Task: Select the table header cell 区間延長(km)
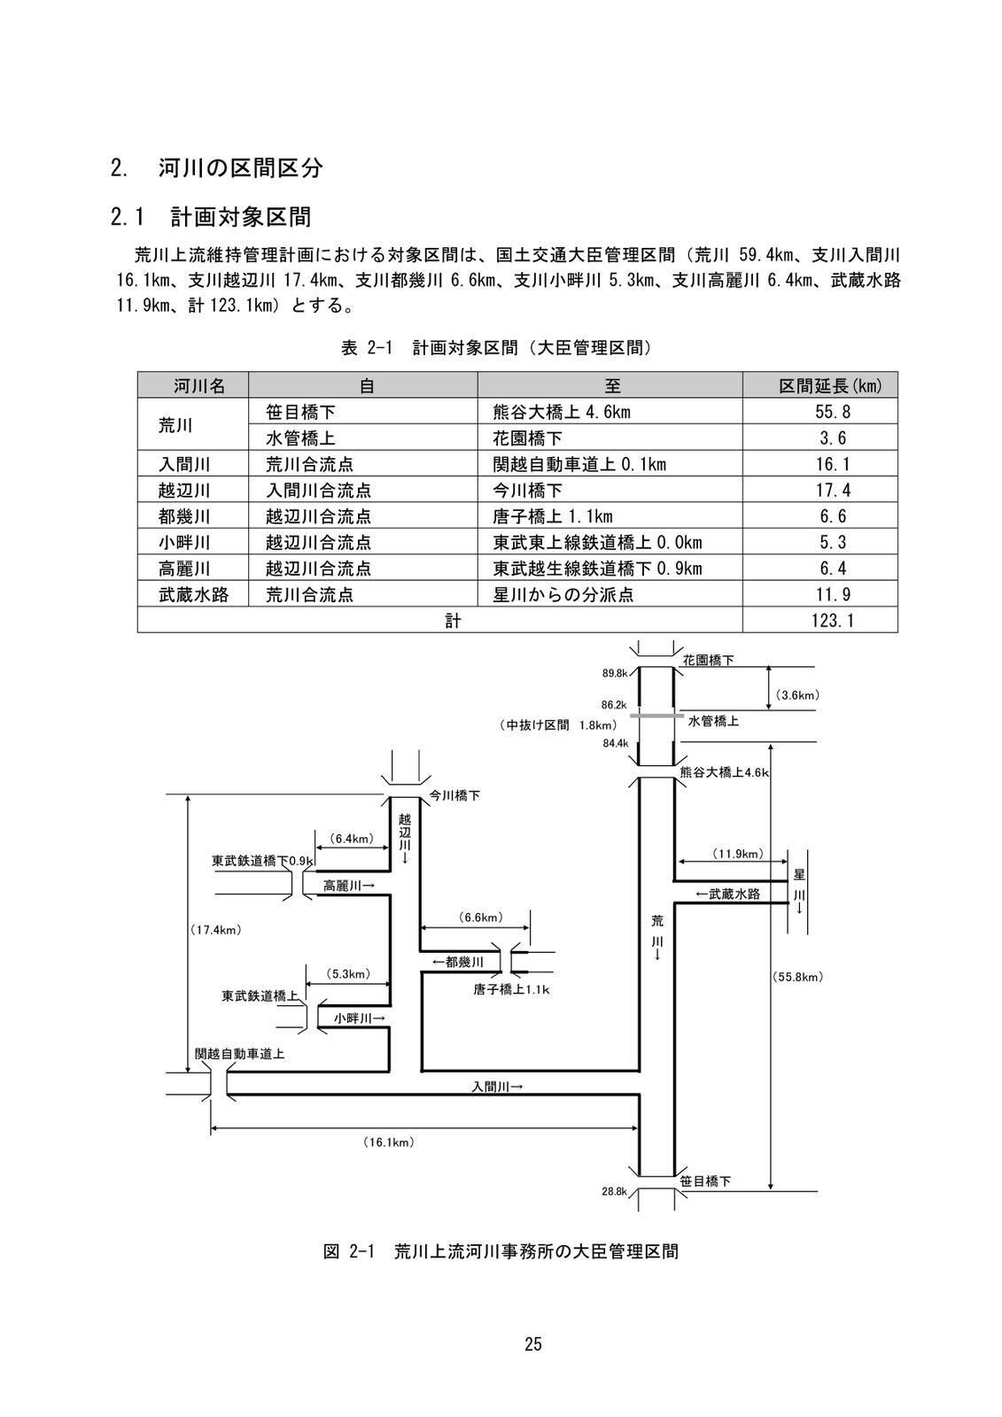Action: pos(819,385)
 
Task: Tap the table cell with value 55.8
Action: pos(819,412)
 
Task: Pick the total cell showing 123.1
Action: pos(819,620)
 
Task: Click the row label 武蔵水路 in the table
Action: pos(193,594)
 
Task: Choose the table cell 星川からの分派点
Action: pos(563,594)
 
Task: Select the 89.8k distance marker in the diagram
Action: pos(615,673)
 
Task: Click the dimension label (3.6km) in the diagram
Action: pos(797,695)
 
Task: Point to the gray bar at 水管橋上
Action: pos(656,715)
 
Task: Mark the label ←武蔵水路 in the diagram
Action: pos(727,894)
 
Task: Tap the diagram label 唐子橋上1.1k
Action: pos(511,989)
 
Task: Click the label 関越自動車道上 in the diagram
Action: pos(239,1054)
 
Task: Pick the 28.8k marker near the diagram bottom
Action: pos(615,1192)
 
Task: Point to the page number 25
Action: pos(532,1343)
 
